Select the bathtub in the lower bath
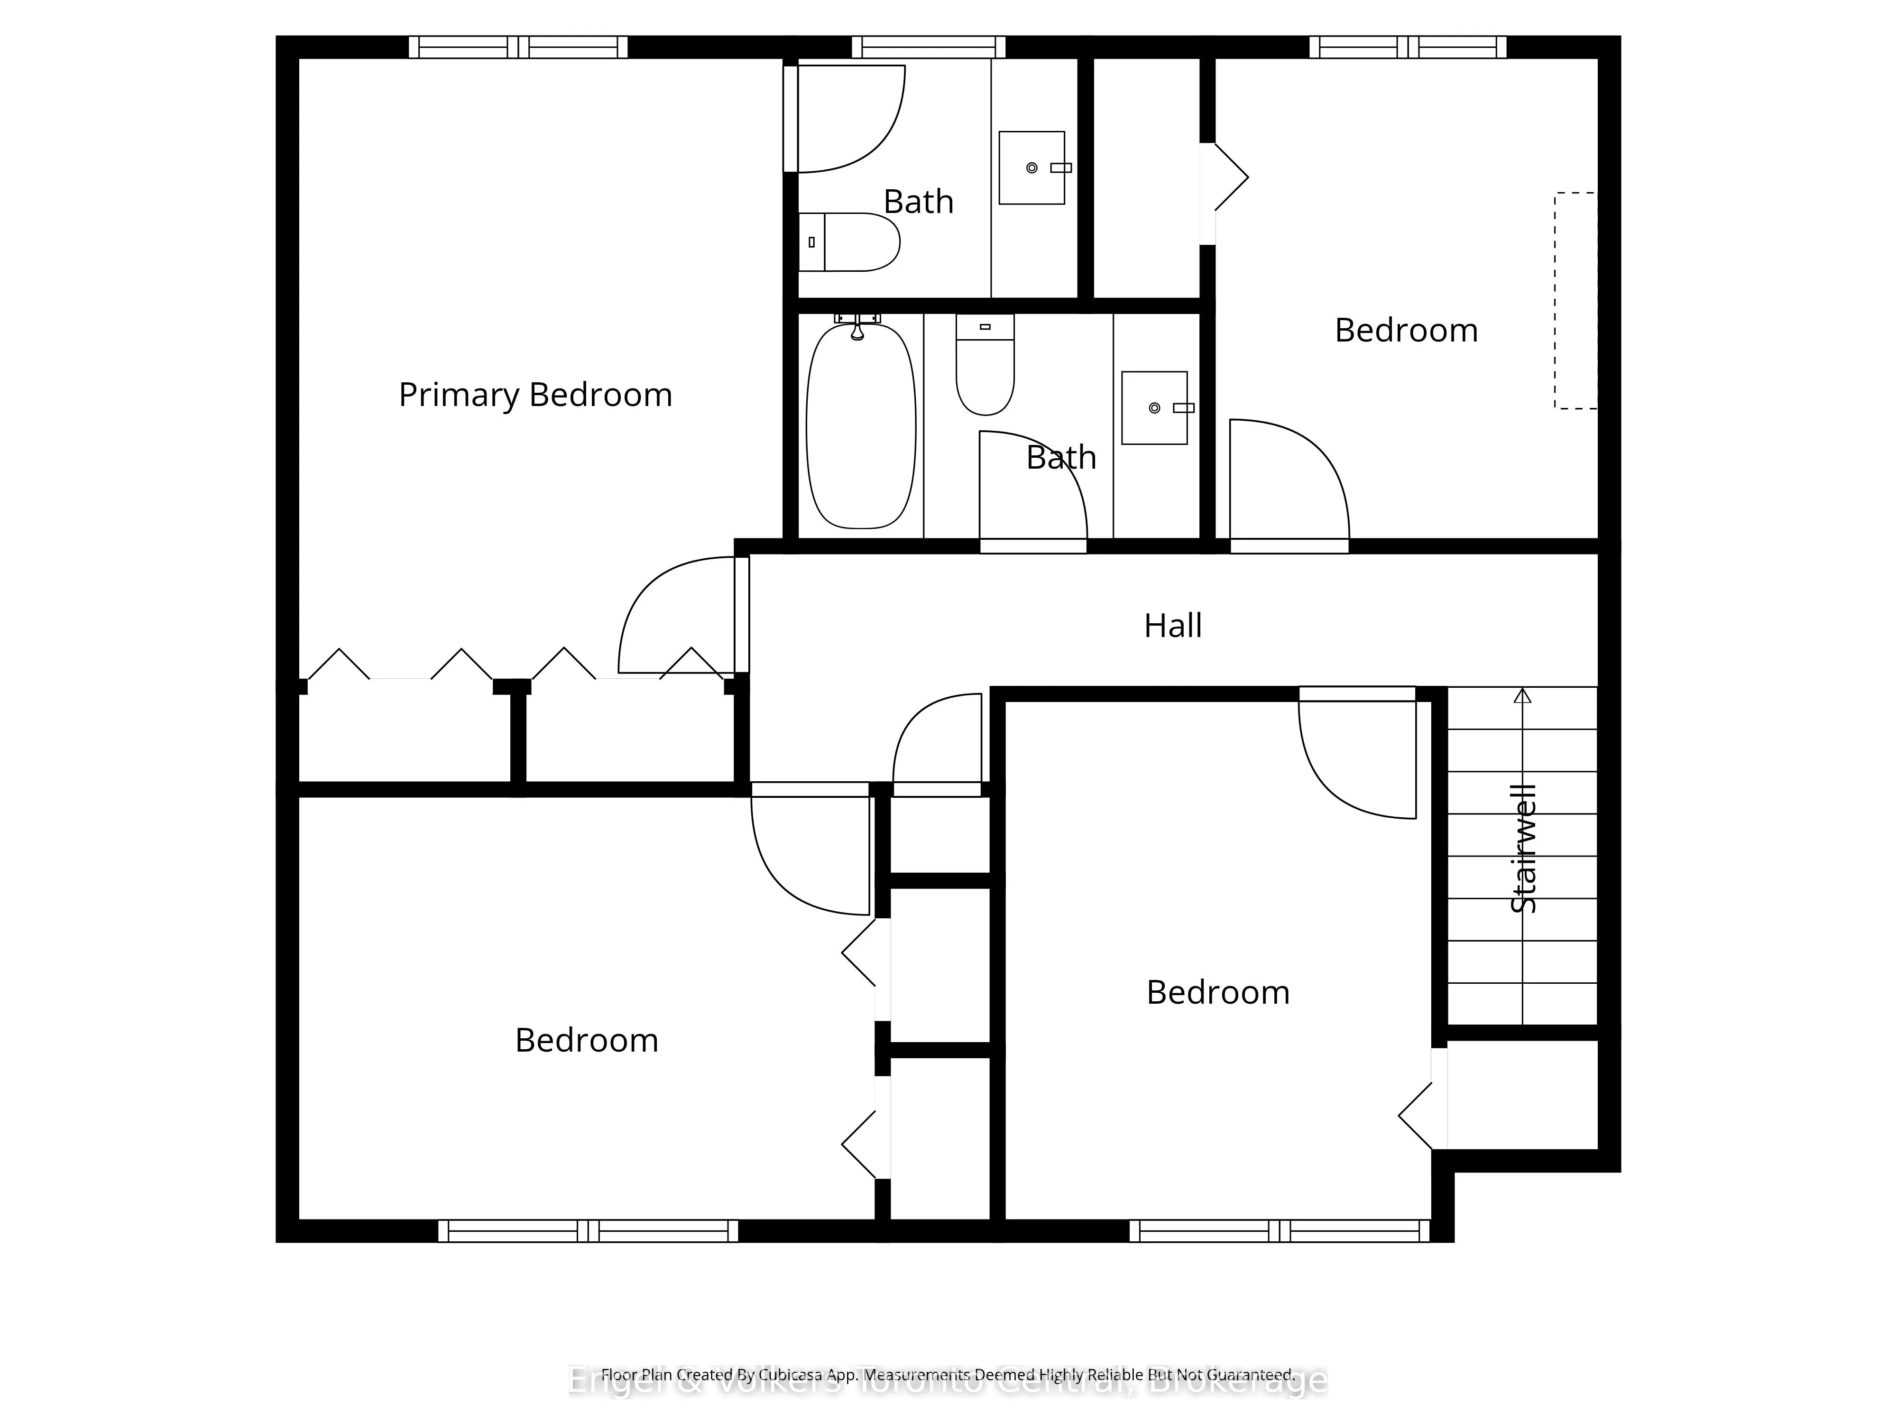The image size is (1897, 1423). (860, 426)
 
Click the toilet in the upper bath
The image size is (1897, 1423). (848, 242)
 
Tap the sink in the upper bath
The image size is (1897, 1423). (1031, 168)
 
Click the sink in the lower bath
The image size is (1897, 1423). (1154, 408)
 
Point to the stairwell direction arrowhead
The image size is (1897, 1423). (1522, 696)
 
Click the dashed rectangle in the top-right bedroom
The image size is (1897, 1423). (1575, 300)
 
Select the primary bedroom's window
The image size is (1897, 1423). (518, 46)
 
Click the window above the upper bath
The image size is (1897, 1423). (928, 46)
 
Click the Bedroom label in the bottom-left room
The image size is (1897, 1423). (587, 1040)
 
